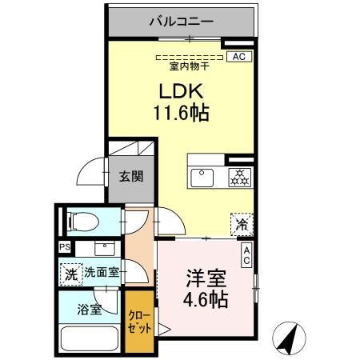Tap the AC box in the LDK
click(238, 57)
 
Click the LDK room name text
click(182, 90)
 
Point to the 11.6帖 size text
click(182, 113)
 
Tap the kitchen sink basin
click(201, 176)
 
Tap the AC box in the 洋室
click(246, 255)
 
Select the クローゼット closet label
click(139, 322)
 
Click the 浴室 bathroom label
click(90, 310)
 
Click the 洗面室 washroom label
click(102, 272)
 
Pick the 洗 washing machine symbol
click(70, 272)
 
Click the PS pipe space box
click(64, 247)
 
